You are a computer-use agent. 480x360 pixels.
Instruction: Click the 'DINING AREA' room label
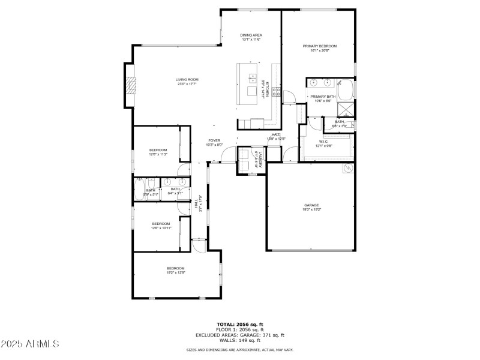[x=251, y=35]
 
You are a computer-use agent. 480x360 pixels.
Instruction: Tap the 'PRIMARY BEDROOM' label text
[x=319, y=46]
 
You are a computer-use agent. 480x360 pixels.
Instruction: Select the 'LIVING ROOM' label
[x=187, y=80]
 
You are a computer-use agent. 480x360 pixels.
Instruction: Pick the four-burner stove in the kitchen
[x=277, y=92]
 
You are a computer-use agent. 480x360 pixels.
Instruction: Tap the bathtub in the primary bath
[x=345, y=90]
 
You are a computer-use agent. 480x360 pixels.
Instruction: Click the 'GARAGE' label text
[x=311, y=205]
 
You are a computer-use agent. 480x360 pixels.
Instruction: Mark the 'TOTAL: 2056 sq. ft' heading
[x=239, y=324]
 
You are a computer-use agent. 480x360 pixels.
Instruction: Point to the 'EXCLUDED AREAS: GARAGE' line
[x=239, y=335]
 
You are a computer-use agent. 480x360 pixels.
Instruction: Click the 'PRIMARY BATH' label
[x=322, y=97]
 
